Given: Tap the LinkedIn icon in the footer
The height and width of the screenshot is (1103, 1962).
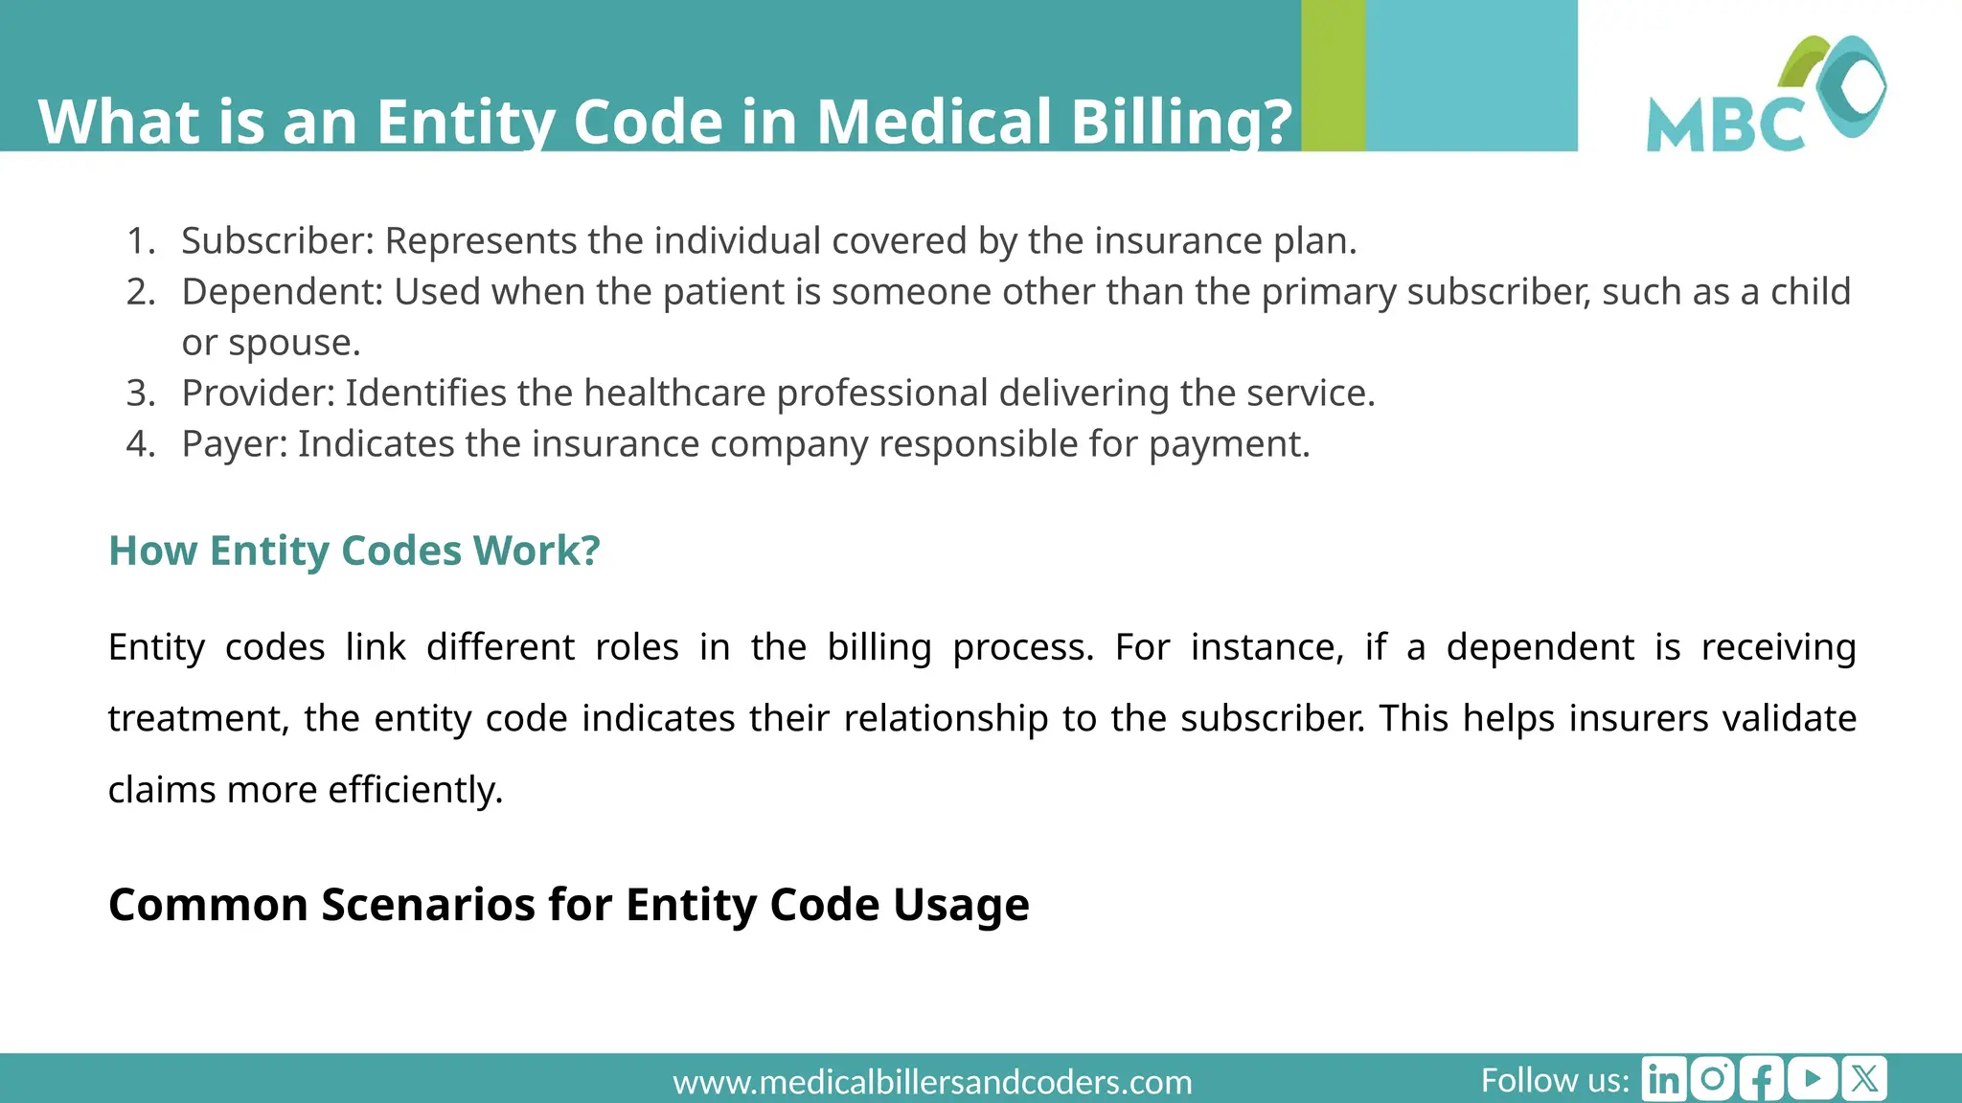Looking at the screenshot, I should (x=1663, y=1079).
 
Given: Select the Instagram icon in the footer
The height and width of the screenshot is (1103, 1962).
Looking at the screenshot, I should (x=1713, y=1079).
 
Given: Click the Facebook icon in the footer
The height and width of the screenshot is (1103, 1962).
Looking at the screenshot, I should (x=1762, y=1079).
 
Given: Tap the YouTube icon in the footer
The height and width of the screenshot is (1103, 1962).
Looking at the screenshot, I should (x=1813, y=1079).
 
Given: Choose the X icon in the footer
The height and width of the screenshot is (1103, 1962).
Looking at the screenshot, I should (x=1864, y=1079).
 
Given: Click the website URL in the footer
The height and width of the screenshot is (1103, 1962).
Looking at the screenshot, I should (x=932, y=1082).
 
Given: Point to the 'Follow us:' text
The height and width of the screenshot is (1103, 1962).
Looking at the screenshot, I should (x=1554, y=1080).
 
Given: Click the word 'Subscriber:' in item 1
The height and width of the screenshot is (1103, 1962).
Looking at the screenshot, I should (x=278, y=240).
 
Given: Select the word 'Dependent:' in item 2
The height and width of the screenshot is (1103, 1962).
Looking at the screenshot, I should (x=283, y=291).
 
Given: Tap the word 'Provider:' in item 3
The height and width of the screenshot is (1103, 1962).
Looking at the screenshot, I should (x=259, y=393).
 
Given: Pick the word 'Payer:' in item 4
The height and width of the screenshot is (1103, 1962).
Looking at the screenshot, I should (x=235, y=443).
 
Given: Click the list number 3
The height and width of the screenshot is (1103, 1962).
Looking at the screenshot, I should (x=140, y=393).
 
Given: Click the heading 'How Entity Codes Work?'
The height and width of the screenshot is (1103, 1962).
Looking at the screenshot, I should (x=354, y=551).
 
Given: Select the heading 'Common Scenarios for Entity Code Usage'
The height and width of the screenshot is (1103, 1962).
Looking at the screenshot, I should (x=568, y=904).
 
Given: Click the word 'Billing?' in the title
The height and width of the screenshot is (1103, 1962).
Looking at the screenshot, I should (x=1181, y=122).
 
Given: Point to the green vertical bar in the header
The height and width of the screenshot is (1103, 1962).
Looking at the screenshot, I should (x=1333, y=75).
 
